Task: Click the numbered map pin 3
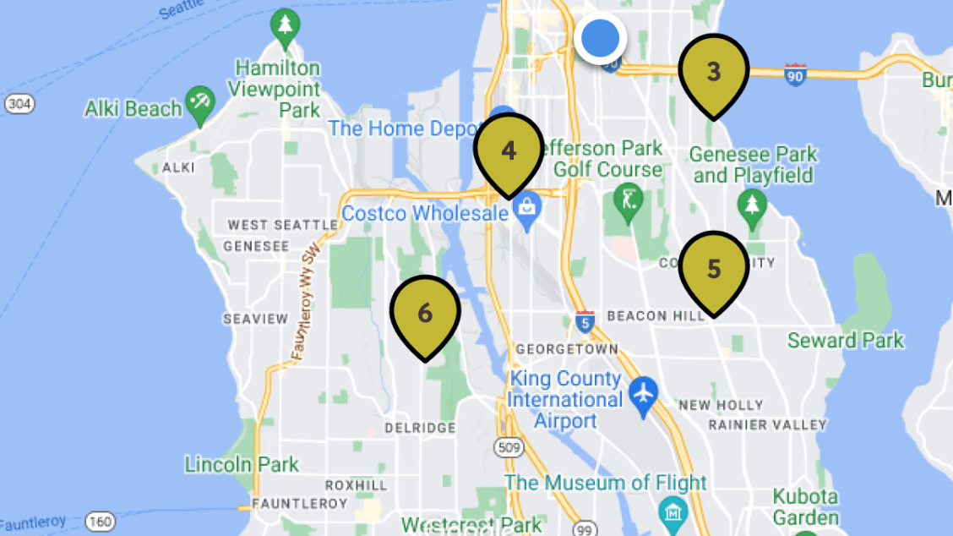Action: click(714, 73)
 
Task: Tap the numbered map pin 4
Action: click(508, 151)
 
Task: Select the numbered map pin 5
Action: click(714, 270)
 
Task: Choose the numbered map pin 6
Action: click(425, 314)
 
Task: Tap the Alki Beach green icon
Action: click(200, 103)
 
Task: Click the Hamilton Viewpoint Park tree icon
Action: click(284, 27)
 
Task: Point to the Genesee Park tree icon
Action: click(750, 204)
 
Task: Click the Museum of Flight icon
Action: click(673, 511)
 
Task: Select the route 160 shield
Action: click(100, 522)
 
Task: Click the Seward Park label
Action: click(846, 341)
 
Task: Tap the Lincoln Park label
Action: click(242, 464)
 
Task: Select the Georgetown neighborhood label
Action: click(567, 348)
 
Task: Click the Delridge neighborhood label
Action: click(420, 428)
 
